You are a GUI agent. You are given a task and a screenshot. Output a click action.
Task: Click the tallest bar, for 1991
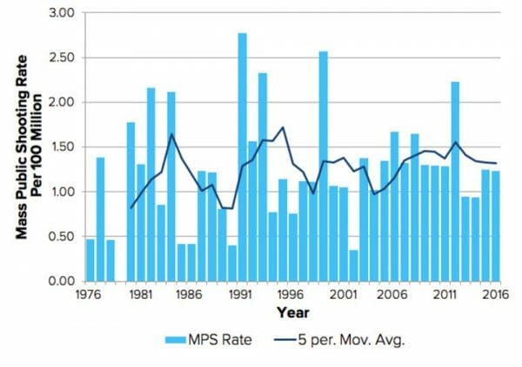coord(243,157)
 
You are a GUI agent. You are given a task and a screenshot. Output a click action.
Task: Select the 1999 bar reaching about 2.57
coord(324,167)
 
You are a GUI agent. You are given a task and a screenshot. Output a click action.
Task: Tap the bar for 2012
coord(455,181)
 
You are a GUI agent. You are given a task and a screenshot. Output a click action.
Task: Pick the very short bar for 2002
coord(353,265)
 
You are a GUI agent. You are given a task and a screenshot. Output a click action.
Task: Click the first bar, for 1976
coord(90,260)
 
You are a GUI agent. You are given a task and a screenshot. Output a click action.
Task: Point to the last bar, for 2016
coord(496,226)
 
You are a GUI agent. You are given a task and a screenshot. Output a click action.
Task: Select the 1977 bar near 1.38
coord(101,219)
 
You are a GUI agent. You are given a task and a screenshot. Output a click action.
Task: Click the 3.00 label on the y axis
coord(62,13)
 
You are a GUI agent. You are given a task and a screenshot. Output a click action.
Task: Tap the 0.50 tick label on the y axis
coord(62,236)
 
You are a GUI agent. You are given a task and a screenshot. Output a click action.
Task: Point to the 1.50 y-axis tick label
coord(62,146)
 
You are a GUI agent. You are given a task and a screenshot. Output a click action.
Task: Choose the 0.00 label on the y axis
coord(62,282)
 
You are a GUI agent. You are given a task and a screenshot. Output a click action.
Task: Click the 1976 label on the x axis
coord(88,295)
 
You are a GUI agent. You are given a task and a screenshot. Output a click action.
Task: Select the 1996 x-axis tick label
coord(291,295)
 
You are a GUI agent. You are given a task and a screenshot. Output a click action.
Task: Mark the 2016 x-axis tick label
coord(496,295)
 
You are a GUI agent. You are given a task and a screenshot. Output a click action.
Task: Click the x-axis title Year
coord(293,313)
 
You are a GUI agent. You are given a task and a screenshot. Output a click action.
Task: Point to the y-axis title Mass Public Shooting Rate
coord(22,147)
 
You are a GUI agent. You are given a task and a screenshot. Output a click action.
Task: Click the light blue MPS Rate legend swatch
coord(176,340)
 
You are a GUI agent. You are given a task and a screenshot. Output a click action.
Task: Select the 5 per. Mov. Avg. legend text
coord(351,341)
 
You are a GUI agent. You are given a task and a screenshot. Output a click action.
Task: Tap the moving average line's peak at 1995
coord(283,127)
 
